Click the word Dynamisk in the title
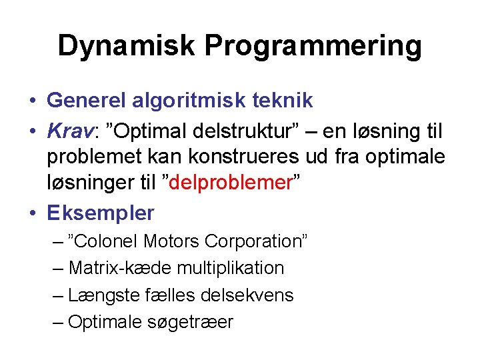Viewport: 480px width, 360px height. [127, 46]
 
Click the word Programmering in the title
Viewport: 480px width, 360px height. [313, 46]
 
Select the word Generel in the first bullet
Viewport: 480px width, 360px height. [89, 101]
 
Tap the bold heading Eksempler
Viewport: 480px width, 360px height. [100, 213]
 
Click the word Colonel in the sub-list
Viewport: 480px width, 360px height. [107, 241]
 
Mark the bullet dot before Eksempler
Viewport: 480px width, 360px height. [32, 213]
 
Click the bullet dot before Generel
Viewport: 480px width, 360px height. [32, 101]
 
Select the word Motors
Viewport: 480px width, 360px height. [171, 241]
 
